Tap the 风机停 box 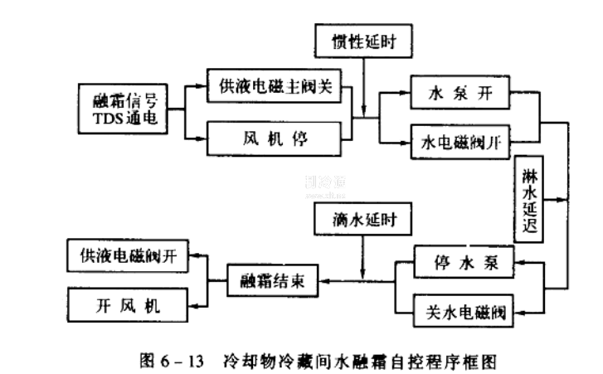click(275, 136)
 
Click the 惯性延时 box click(362, 39)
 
